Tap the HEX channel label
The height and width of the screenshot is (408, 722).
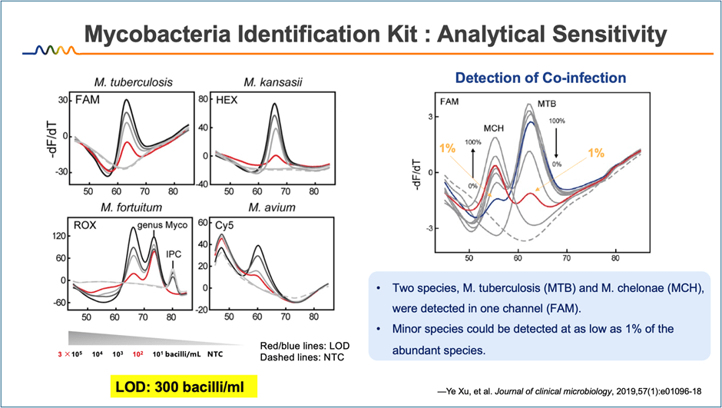[x=227, y=100]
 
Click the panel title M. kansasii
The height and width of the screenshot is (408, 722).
[x=270, y=82]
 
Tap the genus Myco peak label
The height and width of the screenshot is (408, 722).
[x=163, y=224]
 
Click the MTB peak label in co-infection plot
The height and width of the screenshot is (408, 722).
[x=546, y=102]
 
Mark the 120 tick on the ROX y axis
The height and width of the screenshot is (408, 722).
[x=57, y=238]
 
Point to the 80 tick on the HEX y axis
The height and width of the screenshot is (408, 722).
[x=204, y=99]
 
